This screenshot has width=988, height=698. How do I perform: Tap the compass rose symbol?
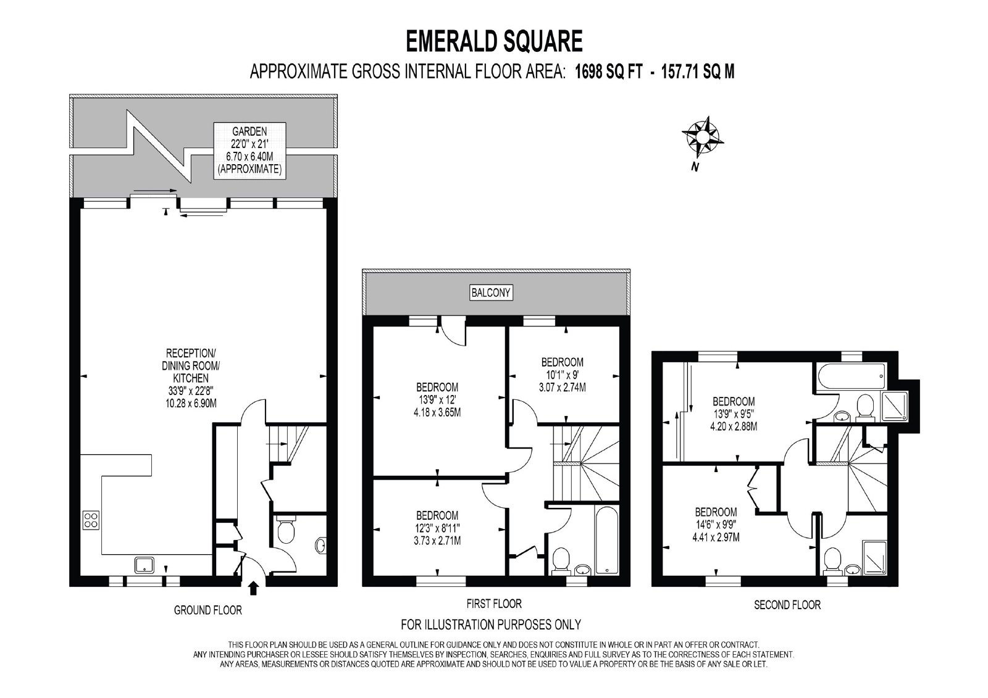click(702, 136)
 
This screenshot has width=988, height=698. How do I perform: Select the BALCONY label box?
click(491, 293)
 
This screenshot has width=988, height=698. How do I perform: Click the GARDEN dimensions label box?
click(249, 151)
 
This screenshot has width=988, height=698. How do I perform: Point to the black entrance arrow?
click(253, 588)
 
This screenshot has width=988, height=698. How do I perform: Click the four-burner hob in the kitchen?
click(91, 520)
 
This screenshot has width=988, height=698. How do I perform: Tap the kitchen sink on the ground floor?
click(144, 565)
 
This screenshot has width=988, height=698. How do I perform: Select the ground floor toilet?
click(287, 531)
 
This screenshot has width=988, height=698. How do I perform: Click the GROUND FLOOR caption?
click(207, 610)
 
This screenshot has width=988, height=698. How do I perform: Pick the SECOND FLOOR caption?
click(787, 605)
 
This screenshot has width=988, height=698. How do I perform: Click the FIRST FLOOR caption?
click(494, 604)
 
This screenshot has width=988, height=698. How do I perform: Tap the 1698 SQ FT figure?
click(609, 72)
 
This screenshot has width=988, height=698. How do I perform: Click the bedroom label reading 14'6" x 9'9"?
click(716, 525)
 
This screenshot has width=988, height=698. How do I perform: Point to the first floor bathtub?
click(607, 540)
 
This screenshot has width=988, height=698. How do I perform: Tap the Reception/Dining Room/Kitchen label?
click(191, 378)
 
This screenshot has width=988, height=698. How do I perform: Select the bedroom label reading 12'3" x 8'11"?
click(437, 528)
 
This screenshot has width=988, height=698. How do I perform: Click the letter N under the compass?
click(695, 167)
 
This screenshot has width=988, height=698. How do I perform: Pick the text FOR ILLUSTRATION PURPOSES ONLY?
click(491, 625)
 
